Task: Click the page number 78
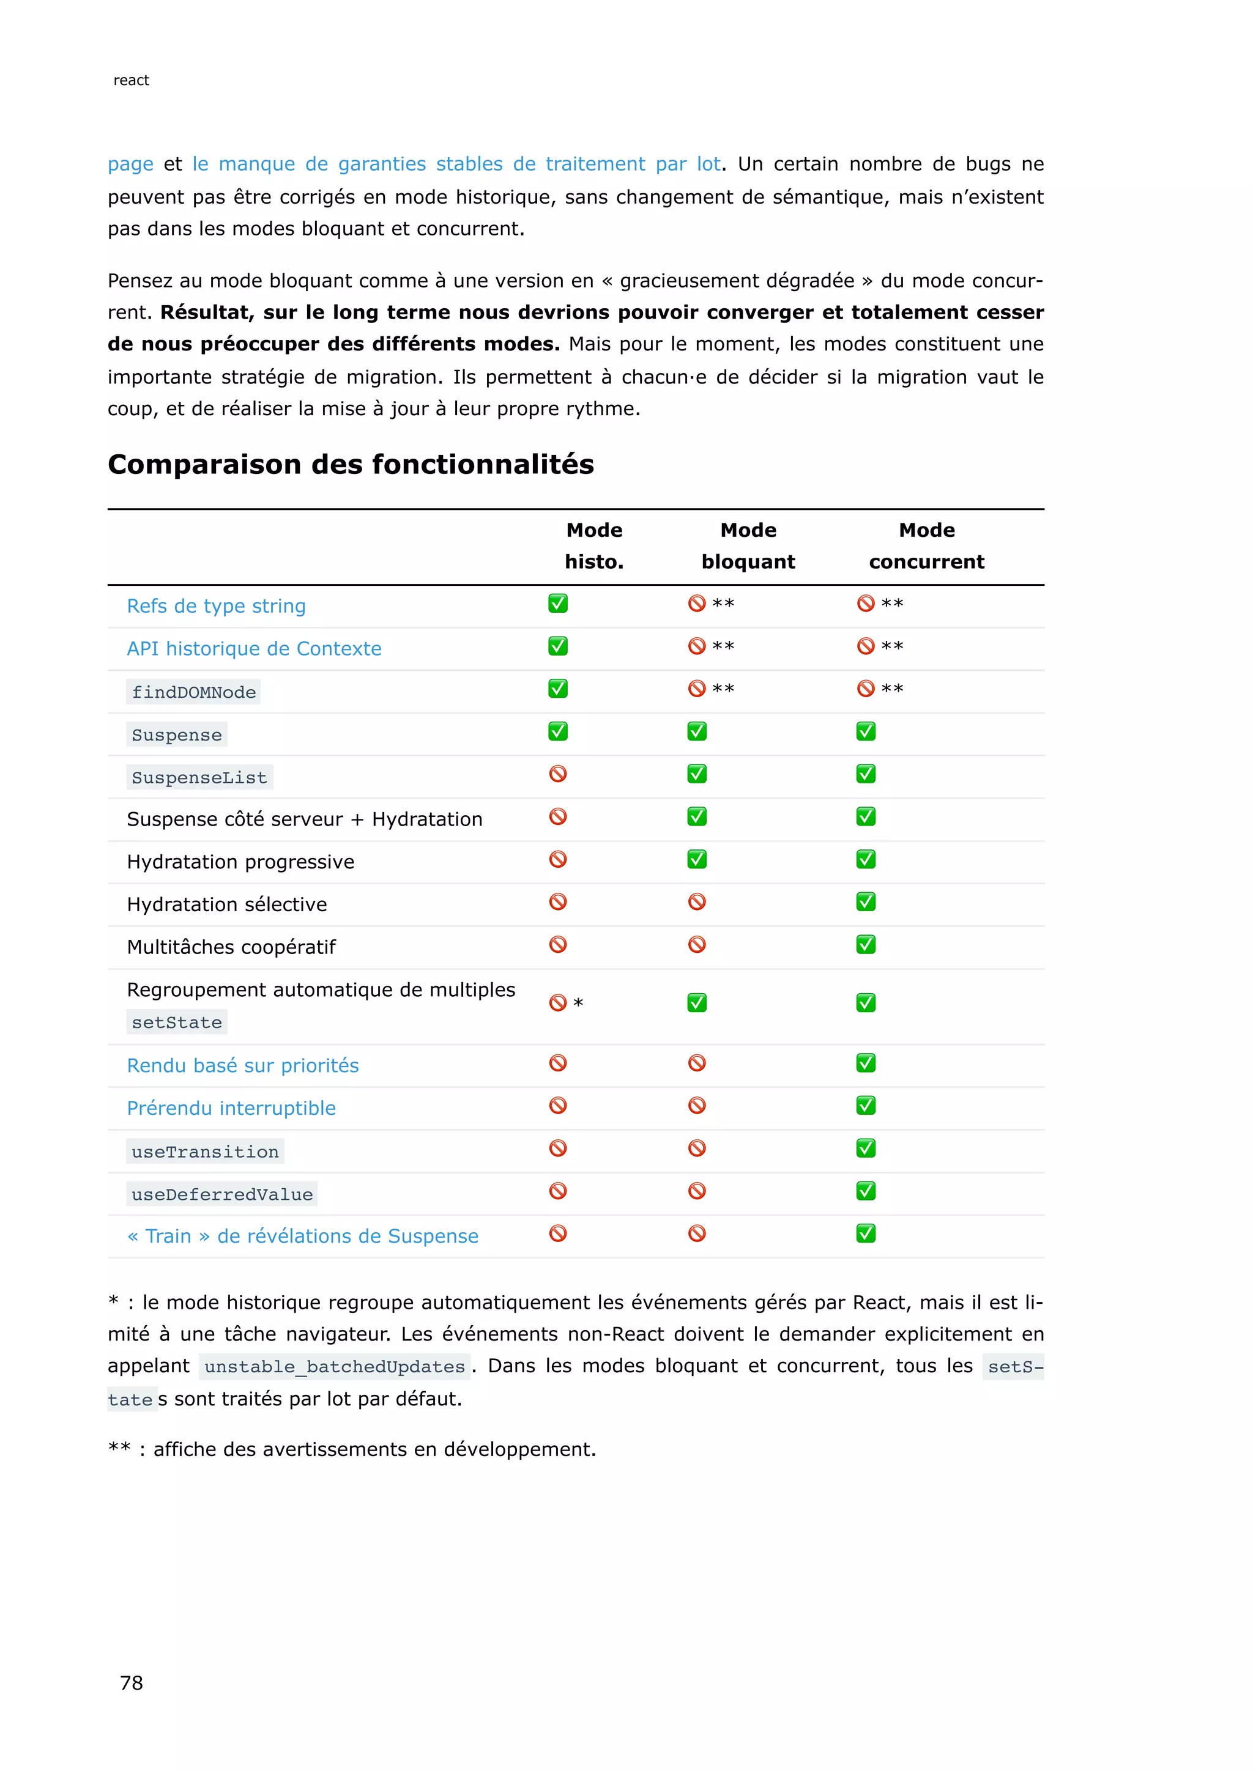tap(131, 1682)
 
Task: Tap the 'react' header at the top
tap(131, 80)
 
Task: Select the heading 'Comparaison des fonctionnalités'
tap(351, 464)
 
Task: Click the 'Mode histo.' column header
tap(594, 545)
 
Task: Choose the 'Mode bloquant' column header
tap(748, 545)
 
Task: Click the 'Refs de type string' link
tap(216, 606)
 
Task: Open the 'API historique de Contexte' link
tap(254, 649)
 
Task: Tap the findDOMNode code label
tap(194, 692)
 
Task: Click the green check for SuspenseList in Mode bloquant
tap(697, 774)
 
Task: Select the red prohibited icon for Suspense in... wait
tap(558, 774)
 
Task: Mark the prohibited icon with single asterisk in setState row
tap(558, 1003)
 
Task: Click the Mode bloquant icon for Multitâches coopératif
tap(697, 944)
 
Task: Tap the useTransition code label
tap(205, 1152)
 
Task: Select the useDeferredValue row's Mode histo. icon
tap(558, 1191)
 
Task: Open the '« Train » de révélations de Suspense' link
tap(302, 1236)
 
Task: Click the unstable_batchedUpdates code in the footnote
tap(335, 1367)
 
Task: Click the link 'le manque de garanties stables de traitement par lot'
tap(456, 165)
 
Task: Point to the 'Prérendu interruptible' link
tap(231, 1109)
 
